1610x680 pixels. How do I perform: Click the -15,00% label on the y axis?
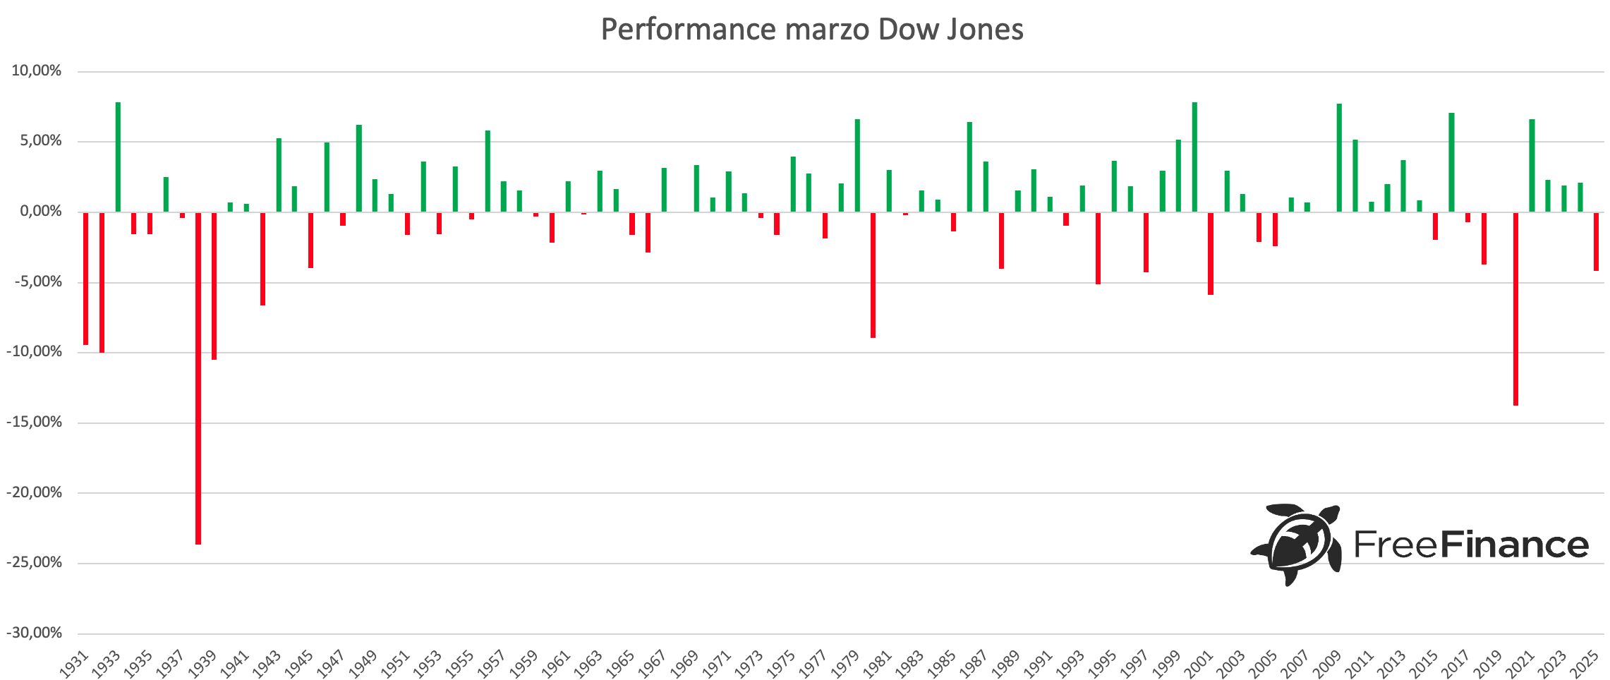35,423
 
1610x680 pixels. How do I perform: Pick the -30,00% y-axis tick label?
35,633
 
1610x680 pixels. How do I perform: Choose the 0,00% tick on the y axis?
39,212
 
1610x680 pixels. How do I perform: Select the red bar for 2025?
1596,241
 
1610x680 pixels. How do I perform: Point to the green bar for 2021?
1532,166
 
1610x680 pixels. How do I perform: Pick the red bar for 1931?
86,279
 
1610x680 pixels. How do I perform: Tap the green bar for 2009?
1339,158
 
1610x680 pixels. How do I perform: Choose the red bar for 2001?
1211,253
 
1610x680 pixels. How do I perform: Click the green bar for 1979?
857,166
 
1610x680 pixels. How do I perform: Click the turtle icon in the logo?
1296,544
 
